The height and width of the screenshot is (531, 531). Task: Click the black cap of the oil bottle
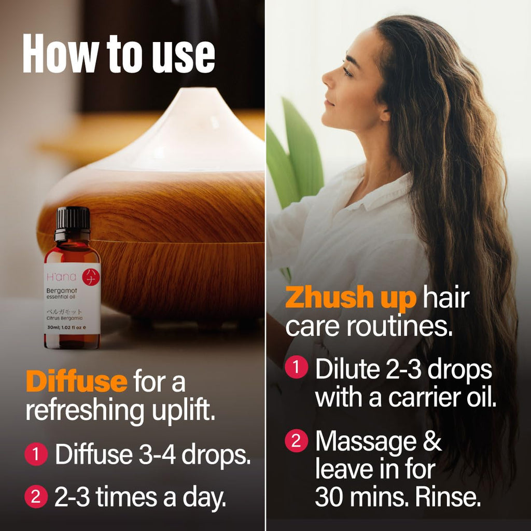coord(73,223)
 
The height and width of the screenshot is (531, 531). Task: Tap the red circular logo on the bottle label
coord(91,277)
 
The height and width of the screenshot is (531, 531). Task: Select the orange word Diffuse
coord(77,382)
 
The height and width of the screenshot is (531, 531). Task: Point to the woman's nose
coord(327,79)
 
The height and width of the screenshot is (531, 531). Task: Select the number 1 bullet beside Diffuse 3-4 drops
coord(36,454)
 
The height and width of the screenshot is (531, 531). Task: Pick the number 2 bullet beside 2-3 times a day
coord(36,496)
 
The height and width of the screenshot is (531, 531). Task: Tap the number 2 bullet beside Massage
coord(296,440)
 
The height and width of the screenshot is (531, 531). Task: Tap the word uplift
coord(183,411)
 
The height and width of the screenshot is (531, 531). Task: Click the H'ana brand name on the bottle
coord(61,277)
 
